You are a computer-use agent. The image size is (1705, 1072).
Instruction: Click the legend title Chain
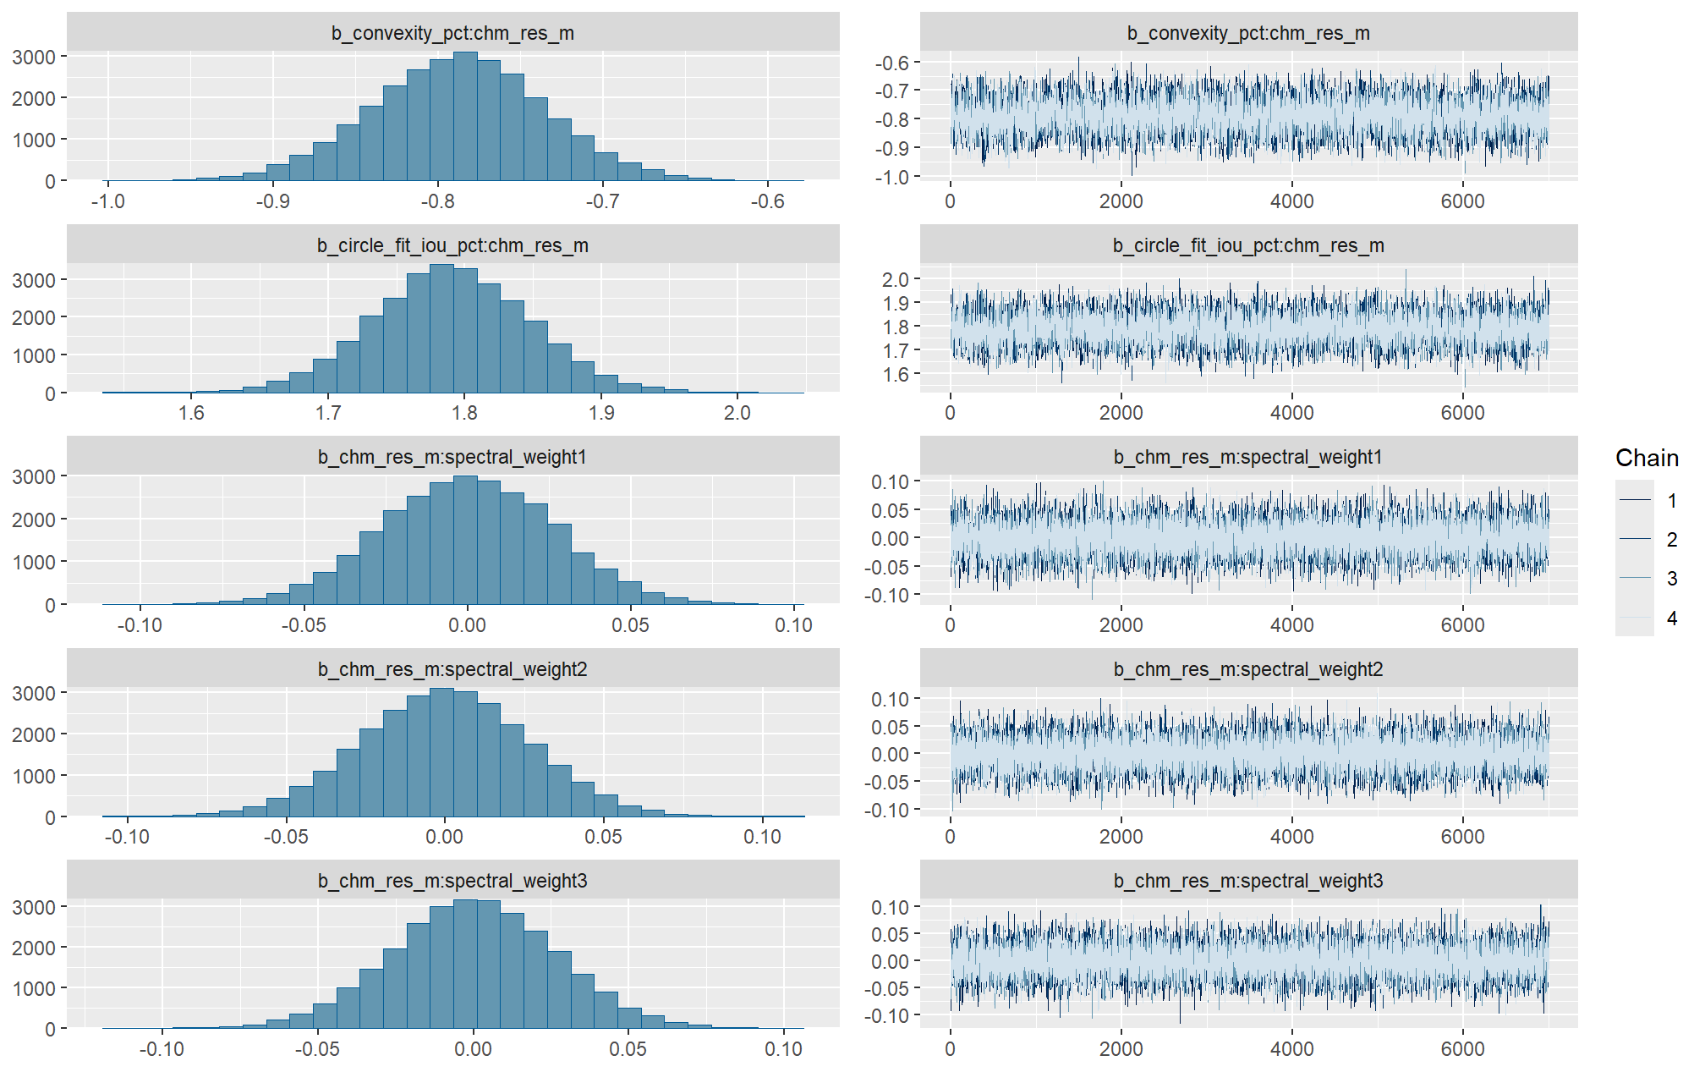click(x=1646, y=458)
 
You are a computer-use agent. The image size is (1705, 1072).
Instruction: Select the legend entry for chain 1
click(x=1671, y=501)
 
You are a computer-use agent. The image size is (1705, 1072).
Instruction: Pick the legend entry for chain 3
click(x=1671, y=579)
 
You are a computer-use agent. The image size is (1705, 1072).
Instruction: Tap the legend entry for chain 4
click(x=1671, y=618)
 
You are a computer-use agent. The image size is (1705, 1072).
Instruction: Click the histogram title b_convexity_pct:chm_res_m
click(x=452, y=33)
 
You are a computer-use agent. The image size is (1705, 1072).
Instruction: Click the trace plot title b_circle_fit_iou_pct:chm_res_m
click(x=1248, y=245)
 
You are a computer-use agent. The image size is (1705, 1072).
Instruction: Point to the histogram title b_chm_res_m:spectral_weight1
click(x=452, y=457)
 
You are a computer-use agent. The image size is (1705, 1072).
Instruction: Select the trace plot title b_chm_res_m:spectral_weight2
click(x=1248, y=669)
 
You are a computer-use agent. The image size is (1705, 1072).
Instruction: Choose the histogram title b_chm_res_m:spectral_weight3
click(x=452, y=881)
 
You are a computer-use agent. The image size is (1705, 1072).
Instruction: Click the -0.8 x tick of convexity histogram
click(x=437, y=201)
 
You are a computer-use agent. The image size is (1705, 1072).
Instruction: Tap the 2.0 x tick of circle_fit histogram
click(x=737, y=413)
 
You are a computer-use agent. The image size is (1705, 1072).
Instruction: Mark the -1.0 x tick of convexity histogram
click(x=107, y=201)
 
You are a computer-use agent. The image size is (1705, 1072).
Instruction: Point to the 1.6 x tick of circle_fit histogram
click(x=191, y=413)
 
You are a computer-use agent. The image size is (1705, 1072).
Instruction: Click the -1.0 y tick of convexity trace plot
click(x=891, y=177)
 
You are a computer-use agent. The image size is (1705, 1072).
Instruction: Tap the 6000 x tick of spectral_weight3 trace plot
click(x=1462, y=1048)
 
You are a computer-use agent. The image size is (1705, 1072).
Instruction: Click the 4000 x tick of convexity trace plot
click(x=1291, y=201)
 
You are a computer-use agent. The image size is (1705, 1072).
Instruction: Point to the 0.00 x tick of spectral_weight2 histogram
click(x=445, y=837)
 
